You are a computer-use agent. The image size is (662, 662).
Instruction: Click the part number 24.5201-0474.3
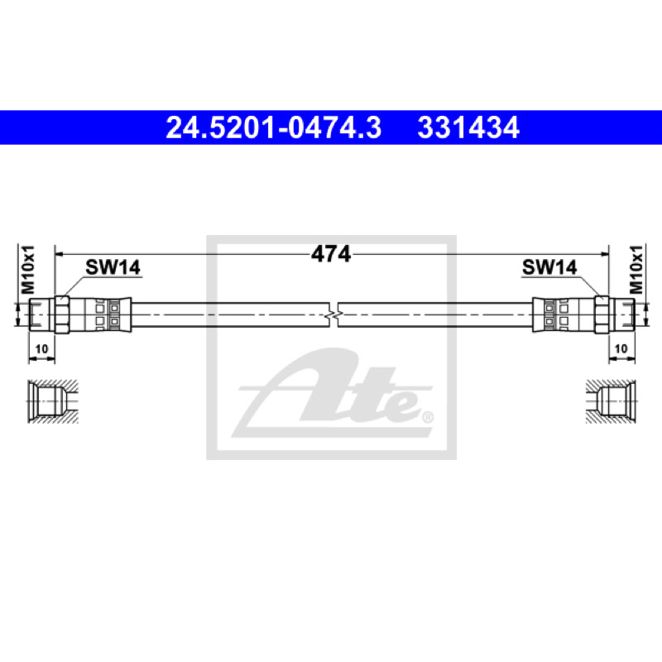coord(274,127)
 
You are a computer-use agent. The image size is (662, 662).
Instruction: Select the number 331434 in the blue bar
coord(468,127)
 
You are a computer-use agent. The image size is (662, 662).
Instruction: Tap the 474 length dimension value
coord(331,254)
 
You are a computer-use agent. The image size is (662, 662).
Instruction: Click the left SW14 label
coord(113,267)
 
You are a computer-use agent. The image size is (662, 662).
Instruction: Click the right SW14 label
coord(549,267)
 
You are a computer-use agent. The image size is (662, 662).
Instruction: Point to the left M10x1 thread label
coord(29,270)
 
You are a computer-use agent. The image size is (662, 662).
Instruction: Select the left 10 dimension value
coord(42,349)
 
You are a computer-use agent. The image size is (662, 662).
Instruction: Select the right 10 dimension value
coord(621,348)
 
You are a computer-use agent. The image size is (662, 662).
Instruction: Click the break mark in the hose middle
coord(333,315)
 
